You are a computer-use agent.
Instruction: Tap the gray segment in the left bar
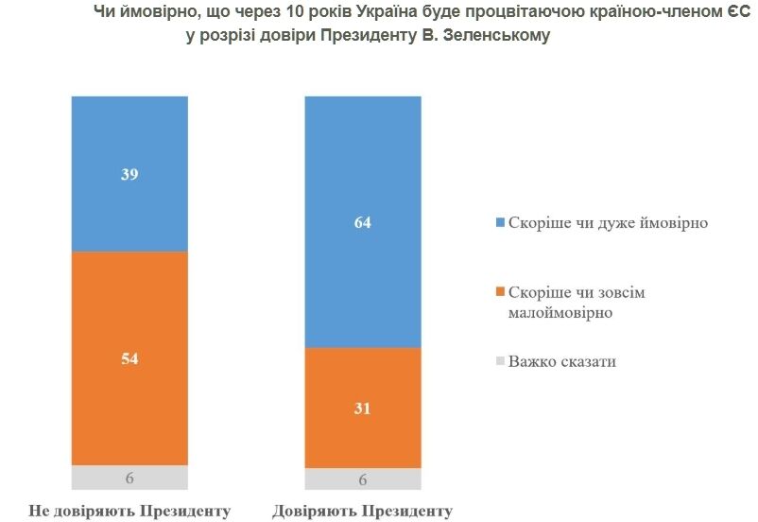(x=129, y=478)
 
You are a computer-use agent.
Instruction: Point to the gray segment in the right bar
(x=362, y=479)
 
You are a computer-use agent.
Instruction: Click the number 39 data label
(x=129, y=175)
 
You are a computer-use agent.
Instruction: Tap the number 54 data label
(x=129, y=359)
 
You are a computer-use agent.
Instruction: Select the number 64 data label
(x=362, y=223)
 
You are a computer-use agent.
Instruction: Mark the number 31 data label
(x=362, y=409)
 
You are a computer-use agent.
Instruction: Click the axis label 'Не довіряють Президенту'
(x=129, y=512)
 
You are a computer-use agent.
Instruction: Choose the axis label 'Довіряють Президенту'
(x=362, y=512)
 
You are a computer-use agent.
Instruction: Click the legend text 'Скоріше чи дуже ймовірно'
(x=608, y=224)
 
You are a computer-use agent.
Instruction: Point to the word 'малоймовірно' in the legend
(x=561, y=312)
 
